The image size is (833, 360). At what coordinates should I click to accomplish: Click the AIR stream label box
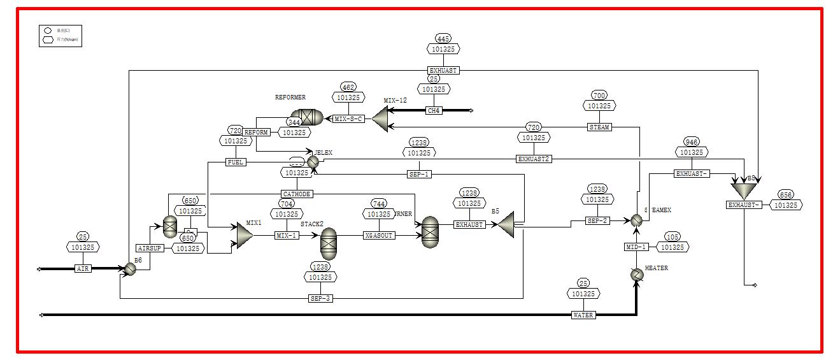(x=83, y=269)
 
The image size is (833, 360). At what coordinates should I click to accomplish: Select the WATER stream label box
(x=583, y=315)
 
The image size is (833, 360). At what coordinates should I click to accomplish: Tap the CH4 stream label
(x=434, y=110)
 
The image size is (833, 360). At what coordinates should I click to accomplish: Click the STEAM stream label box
(x=599, y=127)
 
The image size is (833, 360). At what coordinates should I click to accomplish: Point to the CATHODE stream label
(x=297, y=194)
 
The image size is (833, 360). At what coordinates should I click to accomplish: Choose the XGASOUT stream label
(x=379, y=235)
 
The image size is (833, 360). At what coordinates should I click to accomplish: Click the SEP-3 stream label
(x=320, y=298)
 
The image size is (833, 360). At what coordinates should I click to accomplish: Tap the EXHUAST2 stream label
(x=534, y=159)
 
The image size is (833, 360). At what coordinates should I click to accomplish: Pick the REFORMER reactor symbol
(x=308, y=117)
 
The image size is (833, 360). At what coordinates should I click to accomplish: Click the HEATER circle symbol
(x=636, y=275)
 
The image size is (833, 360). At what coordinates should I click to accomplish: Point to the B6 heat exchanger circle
(x=129, y=270)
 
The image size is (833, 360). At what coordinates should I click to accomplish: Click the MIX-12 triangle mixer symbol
(x=380, y=119)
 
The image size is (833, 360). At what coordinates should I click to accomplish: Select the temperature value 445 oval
(x=444, y=39)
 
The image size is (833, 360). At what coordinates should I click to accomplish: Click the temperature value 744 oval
(x=379, y=204)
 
